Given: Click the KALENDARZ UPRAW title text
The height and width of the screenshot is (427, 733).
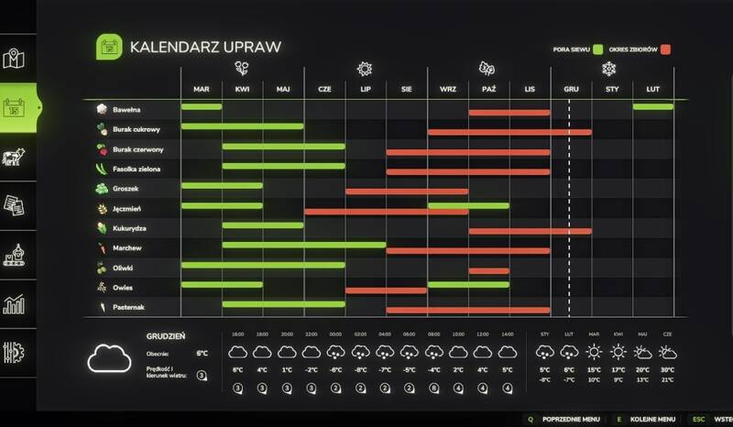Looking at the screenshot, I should pyautogui.click(x=205, y=47).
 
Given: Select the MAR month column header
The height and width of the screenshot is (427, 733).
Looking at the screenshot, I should pyautogui.click(x=202, y=89).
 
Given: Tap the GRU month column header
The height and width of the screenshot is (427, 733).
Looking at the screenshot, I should pyautogui.click(x=570, y=89).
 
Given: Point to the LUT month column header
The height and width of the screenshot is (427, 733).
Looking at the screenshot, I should pyautogui.click(x=653, y=89).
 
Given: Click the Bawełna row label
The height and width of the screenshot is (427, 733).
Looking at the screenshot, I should pyautogui.click(x=126, y=109).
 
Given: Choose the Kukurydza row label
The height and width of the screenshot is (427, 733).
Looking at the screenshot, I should pyautogui.click(x=131, y=227).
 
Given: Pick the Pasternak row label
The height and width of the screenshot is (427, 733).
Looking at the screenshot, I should pyautogui.click(x=131, y=307).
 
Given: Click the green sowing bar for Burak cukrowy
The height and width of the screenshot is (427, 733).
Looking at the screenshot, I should pyautogui.click(x=242, y=126).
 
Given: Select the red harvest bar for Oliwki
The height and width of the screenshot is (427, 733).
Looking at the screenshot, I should pyautogui.click(x=488, y=270).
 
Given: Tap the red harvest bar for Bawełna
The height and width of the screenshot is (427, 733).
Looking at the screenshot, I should pyautogui.click(x=509, y=112).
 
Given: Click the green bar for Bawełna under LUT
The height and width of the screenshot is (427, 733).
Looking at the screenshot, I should pyautogui.click(x=652, y=107).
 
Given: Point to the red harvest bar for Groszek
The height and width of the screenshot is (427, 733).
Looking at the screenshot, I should pyautogui.click(x=406, y=192).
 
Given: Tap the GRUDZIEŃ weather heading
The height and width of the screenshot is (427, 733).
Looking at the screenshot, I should pyautogui.click(x=167, y=336).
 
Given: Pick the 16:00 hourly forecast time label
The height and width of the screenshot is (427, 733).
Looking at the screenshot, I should pyautogui.click(x=237, y=334).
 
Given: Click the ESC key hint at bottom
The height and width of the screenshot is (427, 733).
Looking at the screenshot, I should pyautogui.click(x=699, y=418).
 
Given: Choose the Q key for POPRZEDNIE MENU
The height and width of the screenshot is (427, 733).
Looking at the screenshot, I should pyautogui.click(x=529, y=418).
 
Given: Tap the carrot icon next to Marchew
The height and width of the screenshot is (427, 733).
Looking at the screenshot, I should pyautogui.click(x=102, y=247).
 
